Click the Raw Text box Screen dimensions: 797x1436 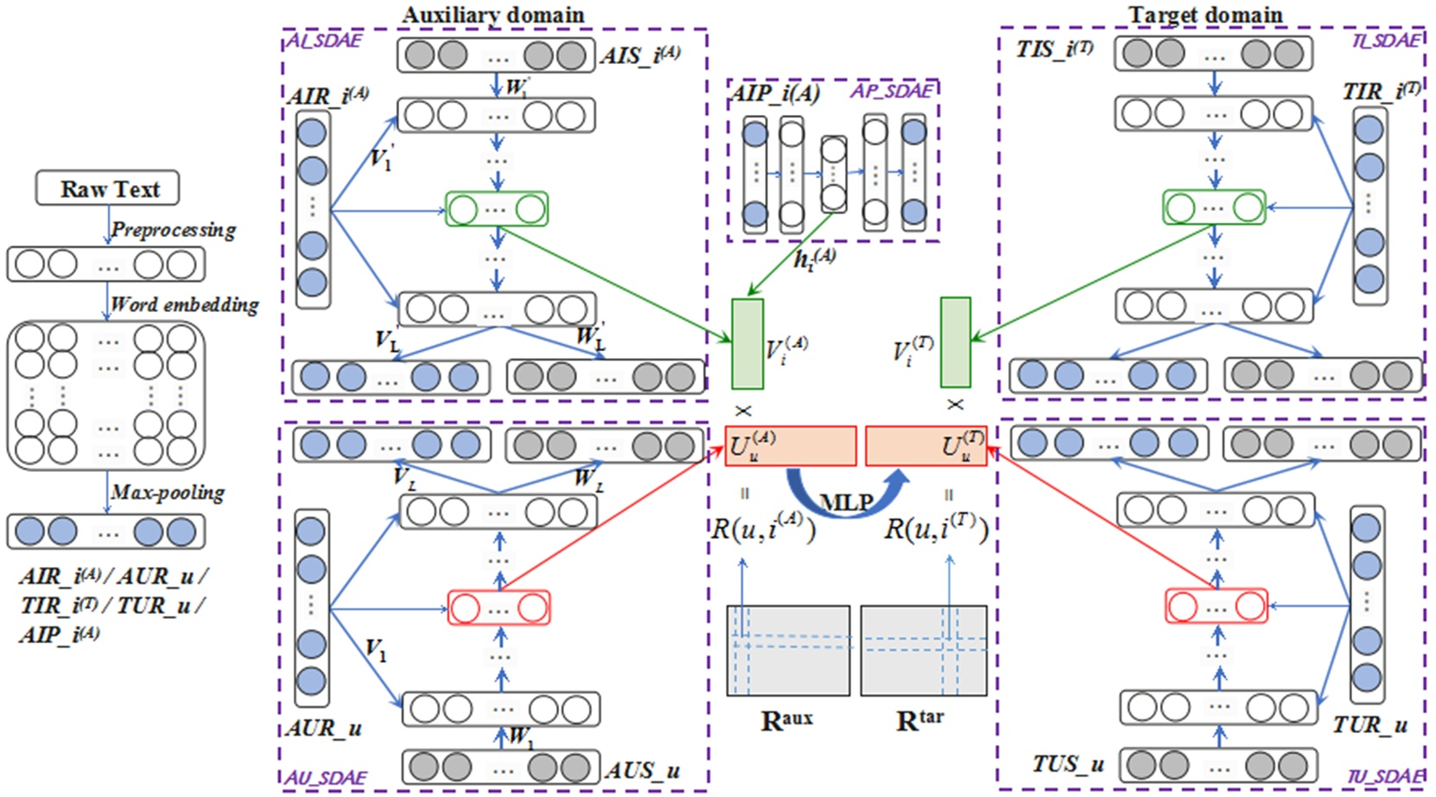pos(107,188)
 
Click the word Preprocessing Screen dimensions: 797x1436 pos(173,230)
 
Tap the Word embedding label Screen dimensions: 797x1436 pos(184,304)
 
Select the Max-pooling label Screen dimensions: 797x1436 pos(168,493)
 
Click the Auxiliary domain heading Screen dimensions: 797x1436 pos(492,15)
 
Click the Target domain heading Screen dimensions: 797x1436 pos(1205,15)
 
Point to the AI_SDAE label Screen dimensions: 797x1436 pos(324,40)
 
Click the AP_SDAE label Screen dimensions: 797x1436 pos(892,91)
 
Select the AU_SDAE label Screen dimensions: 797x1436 pos(326,777)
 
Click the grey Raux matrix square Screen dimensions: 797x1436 pos(788,650)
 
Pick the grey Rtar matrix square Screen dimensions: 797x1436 pos(924,650)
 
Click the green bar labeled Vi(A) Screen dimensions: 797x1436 pos(747,343)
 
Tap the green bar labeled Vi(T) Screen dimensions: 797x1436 pos(955,342)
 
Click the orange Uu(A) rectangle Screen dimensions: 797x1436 pos(791,446)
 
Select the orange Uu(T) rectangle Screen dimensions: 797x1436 pos(925,446)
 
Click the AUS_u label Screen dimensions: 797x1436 pos(642,770)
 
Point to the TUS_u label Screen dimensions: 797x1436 pos(1068,764)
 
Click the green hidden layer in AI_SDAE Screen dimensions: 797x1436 pos(497,209)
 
